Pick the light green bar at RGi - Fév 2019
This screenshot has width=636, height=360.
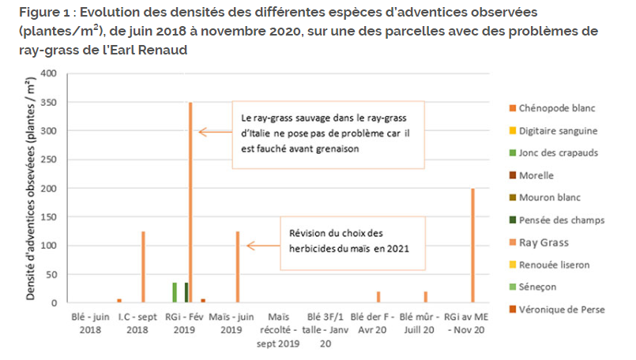(175, 292)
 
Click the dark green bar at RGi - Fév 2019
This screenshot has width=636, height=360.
(186, 292)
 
